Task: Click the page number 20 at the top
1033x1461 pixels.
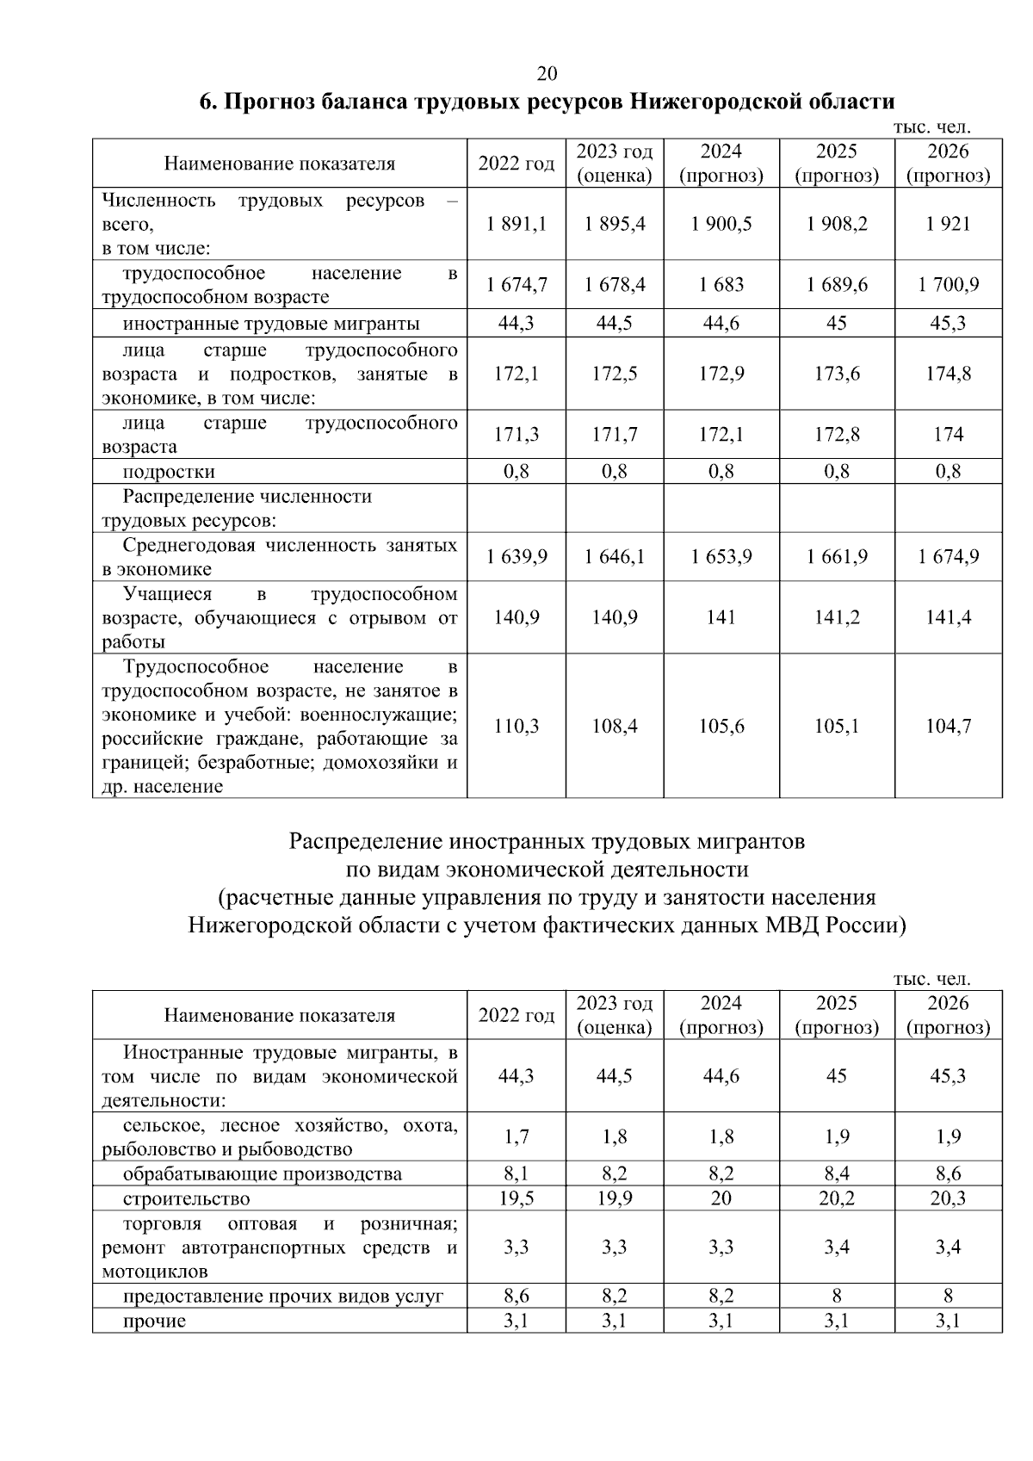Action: coord(547,72)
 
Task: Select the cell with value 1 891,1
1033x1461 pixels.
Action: coord(516,224)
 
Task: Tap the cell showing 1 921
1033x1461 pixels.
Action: coord(948,224)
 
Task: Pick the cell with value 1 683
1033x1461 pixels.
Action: coord(721,285)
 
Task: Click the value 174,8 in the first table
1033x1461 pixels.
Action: coord(948,374)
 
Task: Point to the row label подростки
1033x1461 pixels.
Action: coord(169,472)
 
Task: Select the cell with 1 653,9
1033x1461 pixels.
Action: coord(721,557)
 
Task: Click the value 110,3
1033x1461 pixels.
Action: coord(516,727)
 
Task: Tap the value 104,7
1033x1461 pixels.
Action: coord(948,727)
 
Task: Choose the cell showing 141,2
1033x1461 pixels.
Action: coord(837,617)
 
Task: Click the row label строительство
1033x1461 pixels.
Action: coord(186,1198)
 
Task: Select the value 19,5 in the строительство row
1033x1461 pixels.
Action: coord(516,1198)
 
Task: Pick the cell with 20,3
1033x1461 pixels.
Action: coord(948,1198)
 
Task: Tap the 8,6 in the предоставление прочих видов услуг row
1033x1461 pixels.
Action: coord(516,1296)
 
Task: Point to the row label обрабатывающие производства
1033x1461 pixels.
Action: coord(262,1174)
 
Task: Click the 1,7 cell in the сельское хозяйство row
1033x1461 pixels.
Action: coord(516,1137)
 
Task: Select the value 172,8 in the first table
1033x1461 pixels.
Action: coord(837,435)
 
